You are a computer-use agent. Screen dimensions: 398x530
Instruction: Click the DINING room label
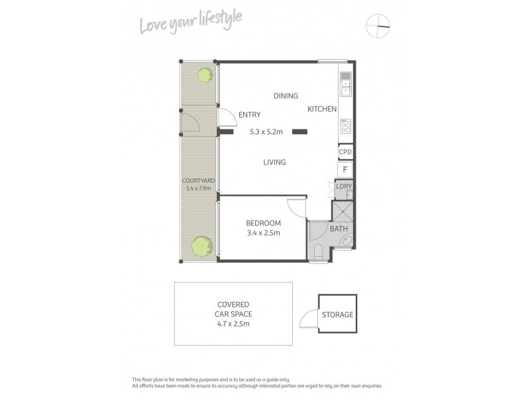[286, 96]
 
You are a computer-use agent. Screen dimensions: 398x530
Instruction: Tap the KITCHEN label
[323, 109]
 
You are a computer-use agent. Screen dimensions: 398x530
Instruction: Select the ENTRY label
[250, 115]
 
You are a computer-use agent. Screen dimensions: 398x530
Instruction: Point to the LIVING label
[274, 162]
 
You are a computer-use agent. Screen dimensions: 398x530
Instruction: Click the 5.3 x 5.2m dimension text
[266, 132]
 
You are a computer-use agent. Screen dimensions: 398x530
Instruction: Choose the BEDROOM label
[263, 223]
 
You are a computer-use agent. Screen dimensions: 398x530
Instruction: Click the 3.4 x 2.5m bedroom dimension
[263, 233]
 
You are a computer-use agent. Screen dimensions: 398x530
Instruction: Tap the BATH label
[339, 229]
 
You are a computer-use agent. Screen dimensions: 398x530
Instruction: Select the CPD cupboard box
[344, 152]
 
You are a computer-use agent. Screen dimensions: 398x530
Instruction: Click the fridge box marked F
[344, 170]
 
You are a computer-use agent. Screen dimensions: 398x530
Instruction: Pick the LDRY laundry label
[344, 186]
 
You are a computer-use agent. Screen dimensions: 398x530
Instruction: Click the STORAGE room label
[338, 314]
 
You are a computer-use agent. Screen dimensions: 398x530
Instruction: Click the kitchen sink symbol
[345, 84]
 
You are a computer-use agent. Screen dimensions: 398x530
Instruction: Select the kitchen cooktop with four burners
[345, 126]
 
